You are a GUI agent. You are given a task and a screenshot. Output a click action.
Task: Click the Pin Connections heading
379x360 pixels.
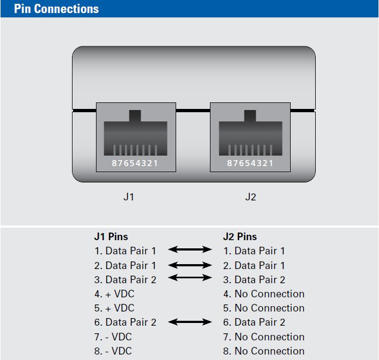(56, 9)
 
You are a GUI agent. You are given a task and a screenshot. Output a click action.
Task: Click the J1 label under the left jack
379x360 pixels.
(129, 197)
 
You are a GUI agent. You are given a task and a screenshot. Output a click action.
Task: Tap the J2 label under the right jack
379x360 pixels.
(250, 197)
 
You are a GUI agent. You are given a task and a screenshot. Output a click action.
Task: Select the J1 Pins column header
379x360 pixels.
(111, 236)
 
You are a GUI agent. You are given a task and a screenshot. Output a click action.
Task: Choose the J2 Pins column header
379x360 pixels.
(240, 236)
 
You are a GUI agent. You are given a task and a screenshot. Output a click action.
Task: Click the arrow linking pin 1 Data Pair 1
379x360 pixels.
(190, 250)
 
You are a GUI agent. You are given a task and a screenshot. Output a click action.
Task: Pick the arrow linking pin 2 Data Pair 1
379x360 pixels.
(190, 265)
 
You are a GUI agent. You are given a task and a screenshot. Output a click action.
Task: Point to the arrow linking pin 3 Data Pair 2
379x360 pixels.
(190, 278)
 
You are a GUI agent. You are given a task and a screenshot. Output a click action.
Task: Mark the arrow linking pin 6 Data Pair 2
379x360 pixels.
(190, 322)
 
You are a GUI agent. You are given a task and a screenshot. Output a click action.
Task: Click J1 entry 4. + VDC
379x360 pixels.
(114, 294)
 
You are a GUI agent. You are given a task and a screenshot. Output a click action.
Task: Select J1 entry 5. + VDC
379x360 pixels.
(114, 308)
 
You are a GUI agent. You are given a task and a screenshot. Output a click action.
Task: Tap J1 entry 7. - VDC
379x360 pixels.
(113, 337)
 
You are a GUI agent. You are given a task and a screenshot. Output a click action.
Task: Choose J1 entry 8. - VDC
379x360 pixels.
(113, 351)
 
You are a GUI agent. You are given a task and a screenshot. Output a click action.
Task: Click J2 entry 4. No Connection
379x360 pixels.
(263, 294)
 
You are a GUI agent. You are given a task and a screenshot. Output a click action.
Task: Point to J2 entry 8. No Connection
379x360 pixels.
(263, 351)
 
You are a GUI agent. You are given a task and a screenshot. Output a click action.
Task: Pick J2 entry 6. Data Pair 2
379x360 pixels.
(254, 322)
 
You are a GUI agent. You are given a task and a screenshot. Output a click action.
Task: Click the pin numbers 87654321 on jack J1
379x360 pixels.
(135, 163)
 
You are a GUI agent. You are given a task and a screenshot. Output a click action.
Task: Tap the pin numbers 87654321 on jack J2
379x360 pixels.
(250, 163)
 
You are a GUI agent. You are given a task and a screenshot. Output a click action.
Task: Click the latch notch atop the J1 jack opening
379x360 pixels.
(135, 115)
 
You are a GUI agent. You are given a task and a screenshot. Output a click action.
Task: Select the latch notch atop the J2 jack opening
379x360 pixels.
(250, 115)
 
